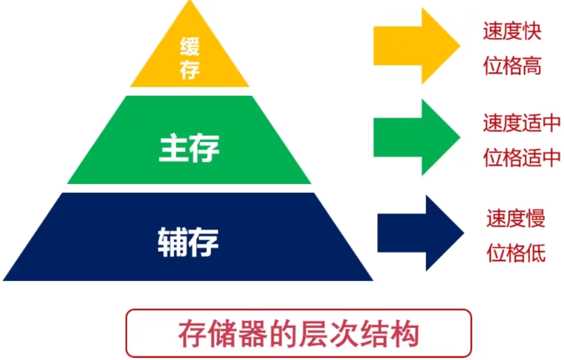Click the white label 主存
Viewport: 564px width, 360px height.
[189, 148]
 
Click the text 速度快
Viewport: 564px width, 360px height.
[511, 31]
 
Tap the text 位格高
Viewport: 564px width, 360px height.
[511, 66]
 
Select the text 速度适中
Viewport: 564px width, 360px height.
[521, 124]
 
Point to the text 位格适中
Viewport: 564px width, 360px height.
[521, 158]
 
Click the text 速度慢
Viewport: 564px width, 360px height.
[515, 218]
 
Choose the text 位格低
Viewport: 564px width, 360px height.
[515, 253]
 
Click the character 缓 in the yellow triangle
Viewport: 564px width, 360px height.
[190, 46]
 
